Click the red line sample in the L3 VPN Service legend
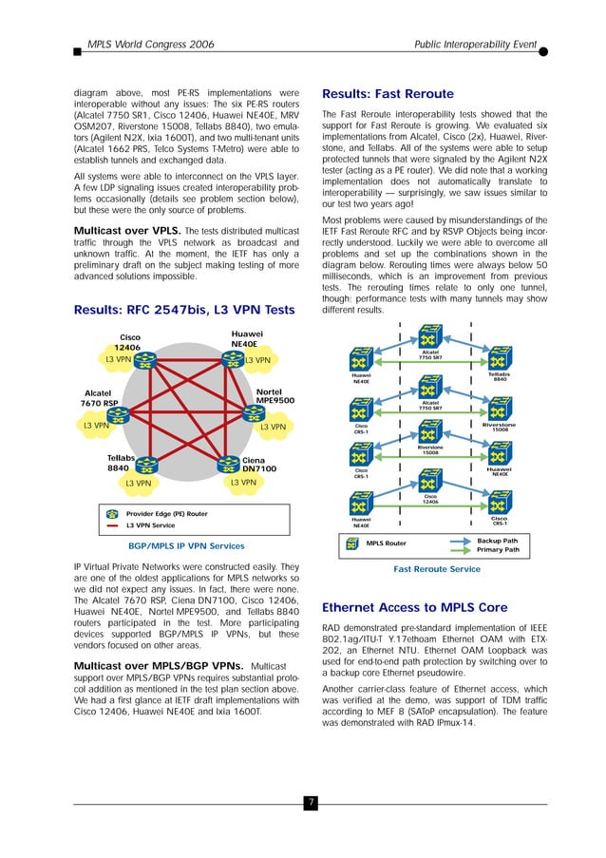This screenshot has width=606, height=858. click(112, 525)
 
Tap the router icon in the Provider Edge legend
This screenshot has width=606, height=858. click(112, 514)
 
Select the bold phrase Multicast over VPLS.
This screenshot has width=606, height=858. click(127, 231)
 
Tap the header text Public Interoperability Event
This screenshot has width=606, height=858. click(476, 45)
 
